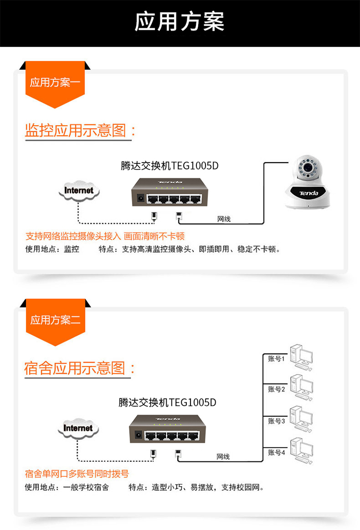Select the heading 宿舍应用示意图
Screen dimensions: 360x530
75,368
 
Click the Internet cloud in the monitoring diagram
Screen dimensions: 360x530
79,190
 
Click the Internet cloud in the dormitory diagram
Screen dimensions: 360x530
78,428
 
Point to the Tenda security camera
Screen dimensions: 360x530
307,182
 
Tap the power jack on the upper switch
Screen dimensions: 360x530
140,199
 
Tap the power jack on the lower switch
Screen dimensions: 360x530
138,435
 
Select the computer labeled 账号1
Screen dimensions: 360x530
301,358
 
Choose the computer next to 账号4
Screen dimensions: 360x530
301,451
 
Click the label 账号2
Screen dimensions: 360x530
276,389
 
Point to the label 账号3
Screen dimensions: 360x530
276,421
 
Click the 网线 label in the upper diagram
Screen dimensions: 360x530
224,219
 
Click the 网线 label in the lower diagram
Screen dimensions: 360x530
223,457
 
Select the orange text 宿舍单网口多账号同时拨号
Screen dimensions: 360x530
77,473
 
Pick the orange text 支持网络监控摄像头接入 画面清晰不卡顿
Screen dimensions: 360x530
105,236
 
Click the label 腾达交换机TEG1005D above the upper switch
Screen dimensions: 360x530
169,165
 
